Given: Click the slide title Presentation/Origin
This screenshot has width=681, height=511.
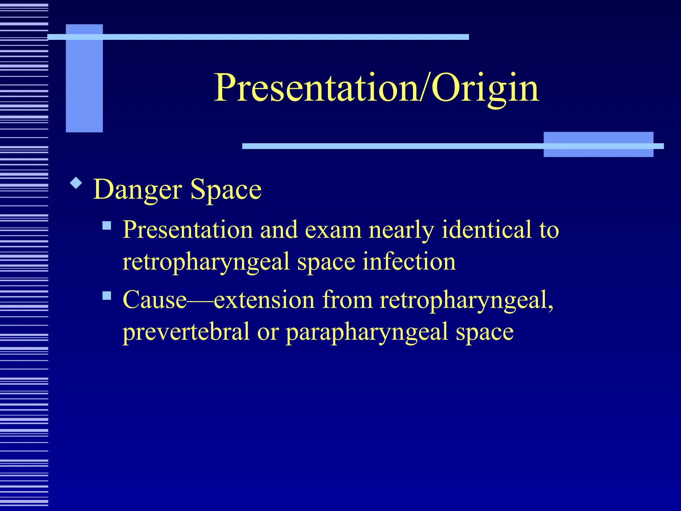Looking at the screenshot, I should click(376, 88).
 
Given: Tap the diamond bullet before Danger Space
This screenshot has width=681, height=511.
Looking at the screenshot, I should click(76, 183).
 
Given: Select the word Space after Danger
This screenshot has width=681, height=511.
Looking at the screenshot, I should click(226, 190).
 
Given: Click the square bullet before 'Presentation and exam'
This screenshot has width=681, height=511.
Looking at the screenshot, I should click(107, 226).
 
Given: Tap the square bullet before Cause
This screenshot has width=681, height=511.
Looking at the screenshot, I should click(107, 295).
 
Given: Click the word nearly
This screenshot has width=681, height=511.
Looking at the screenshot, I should click(401, 230).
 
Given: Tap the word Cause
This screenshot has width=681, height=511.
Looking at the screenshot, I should click(155, 299).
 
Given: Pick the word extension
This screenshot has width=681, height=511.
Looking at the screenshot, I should click(264, 299).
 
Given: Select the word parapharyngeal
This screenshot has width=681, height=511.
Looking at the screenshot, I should click(367, 332).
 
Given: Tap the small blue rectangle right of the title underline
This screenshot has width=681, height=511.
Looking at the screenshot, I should click(598, 144).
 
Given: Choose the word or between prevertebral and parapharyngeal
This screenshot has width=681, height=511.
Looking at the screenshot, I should click(268, 332).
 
